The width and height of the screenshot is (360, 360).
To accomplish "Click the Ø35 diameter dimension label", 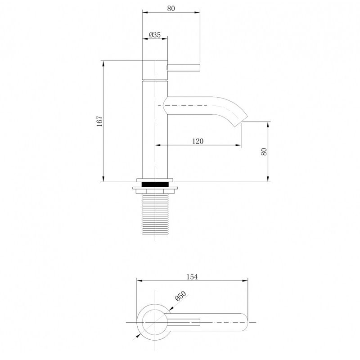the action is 155,35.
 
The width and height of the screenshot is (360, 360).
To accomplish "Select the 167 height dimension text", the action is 99,121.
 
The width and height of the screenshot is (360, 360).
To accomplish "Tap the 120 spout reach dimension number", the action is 198,141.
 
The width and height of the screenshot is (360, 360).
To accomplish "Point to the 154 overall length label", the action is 192,277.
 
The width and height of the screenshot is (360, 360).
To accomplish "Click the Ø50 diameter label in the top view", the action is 180,296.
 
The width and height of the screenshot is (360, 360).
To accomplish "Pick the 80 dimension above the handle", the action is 171,9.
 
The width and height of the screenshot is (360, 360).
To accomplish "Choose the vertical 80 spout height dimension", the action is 264,152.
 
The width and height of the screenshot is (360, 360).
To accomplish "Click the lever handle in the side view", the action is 184,68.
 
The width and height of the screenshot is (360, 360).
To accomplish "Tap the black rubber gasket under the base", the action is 155,184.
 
